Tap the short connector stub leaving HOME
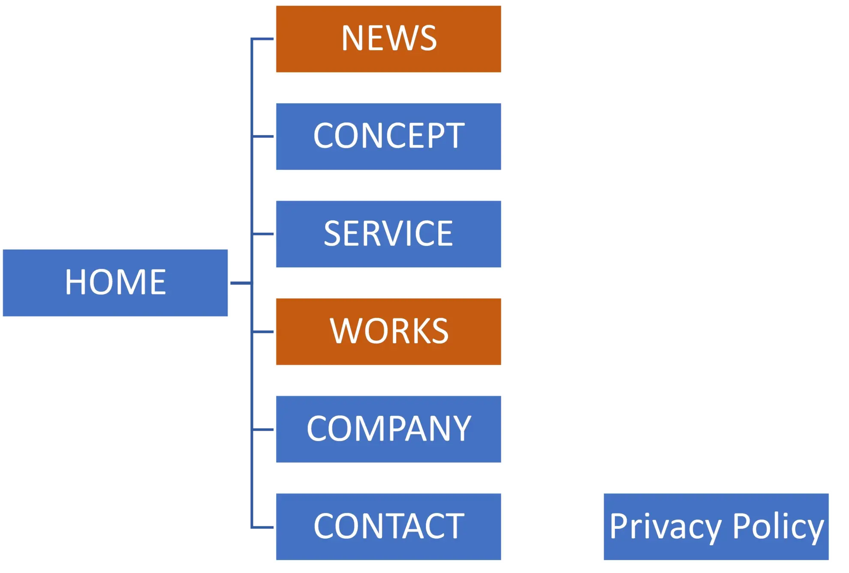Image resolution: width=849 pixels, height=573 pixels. [239, 283]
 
